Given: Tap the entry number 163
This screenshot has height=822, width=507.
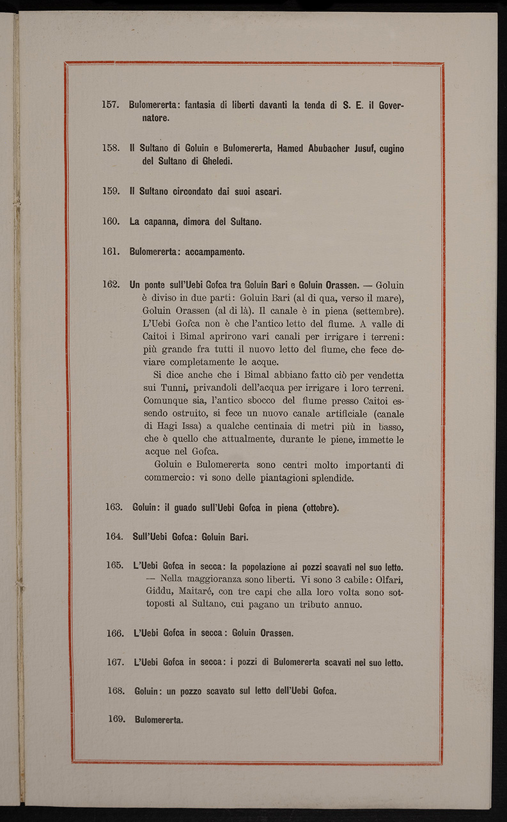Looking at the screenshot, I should pyautogui.click(x=114, y=507).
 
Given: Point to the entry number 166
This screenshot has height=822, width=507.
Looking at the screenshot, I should pyautogui.click(x=115, y=633).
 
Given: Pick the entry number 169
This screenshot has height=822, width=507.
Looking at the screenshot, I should pyautogui.click(x=116, y=719).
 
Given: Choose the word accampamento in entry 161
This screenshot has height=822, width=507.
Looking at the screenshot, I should pyautogui.click(x=215, y=251).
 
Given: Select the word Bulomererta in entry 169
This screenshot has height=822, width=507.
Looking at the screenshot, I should pyautogui.click(x=159, y=720).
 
